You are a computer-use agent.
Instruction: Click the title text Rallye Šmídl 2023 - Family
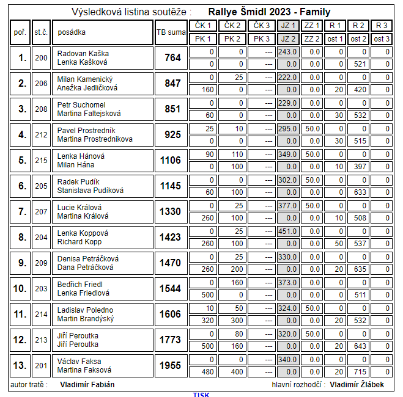coord(269,12)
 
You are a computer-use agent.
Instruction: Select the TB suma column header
coord(169,32)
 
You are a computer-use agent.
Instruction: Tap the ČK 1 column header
coord(202,26)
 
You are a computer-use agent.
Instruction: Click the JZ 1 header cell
coord(287,26)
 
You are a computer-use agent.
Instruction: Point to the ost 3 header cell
coord(382,38)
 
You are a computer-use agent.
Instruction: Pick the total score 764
coord(172,58)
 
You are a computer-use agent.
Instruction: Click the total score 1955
coord(171,365)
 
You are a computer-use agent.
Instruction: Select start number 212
coord(41,135)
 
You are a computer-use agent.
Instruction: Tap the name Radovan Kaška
coord(83,54)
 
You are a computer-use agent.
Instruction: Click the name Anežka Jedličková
coord(87,88)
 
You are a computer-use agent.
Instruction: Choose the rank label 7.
coord(22,212)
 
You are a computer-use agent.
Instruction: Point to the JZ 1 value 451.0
coord(287,231)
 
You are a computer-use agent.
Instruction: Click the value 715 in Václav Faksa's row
coord(359,371)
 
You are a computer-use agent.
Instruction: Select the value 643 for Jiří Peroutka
coord(359,346)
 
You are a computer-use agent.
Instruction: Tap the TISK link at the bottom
coord(201,394)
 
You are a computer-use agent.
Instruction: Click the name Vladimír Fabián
coord(87,385)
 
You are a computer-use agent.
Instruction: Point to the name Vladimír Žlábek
coord(359,385)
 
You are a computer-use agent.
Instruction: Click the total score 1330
coord(171,212)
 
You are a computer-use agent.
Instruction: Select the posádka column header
coord(72,32)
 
